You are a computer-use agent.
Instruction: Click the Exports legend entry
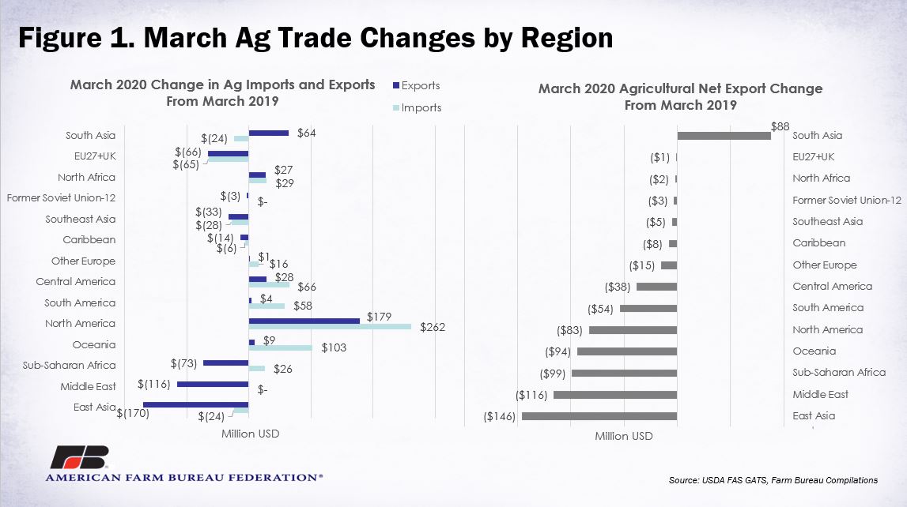[x=417, y=85]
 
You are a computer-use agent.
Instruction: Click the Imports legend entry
[x=417, y=107]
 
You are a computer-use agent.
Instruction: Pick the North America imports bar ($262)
[x=330, y=327]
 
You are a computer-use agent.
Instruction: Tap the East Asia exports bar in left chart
[x=196, y=405]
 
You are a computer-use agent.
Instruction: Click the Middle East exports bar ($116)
[x=213, y=384]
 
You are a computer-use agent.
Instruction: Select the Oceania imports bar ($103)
[x=281, y=347]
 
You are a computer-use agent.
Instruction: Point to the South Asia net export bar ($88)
[x=724, y=136]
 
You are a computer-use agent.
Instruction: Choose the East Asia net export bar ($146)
[x=599, y=415]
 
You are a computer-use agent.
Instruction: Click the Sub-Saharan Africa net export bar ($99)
[x=624, y=373]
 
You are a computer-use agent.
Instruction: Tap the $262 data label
[x=433, y=328]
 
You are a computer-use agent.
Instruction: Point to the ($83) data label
[x=570, y=330]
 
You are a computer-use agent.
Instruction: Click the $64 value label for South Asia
[x=307, y=133]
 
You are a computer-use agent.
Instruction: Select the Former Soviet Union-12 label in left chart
[x=62, y=197]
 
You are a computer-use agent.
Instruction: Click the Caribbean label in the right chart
[x=819, y=243]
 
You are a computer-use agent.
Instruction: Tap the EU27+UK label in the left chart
[x=95, y=156]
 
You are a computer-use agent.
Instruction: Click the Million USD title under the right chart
[x=624, y=436]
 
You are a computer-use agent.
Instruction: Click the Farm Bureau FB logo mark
[x=79, y=457]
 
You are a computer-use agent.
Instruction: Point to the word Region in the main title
[x=567, y=38]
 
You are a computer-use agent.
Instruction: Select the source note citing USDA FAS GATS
[x=773, y=480]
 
